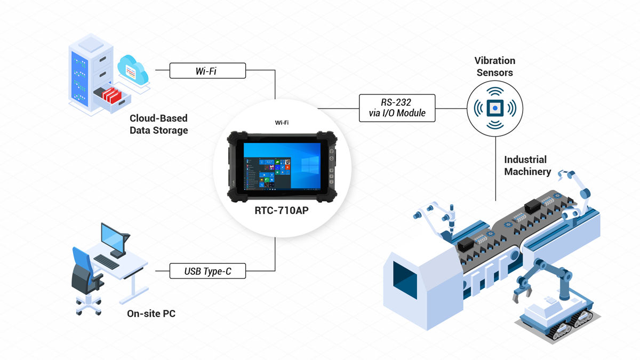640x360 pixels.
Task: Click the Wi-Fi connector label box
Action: click(207, 70)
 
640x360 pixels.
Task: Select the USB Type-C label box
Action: click(207, 271)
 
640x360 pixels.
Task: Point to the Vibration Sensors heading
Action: click(495, 67)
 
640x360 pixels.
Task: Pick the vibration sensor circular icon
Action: click(495, 108)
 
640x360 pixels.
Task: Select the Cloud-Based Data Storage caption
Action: click(158, 124)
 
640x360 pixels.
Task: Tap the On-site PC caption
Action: click(151, 314)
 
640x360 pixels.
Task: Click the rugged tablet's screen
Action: click(282, 164)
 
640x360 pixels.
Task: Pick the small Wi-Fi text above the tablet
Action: click(282, 123)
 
